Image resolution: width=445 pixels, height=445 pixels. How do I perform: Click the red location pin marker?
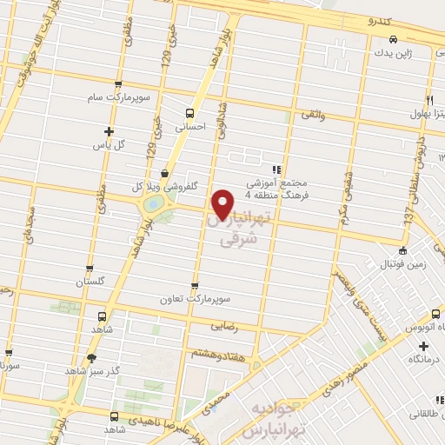click(223, 203)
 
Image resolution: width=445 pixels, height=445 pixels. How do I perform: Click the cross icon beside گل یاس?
click(96, 131)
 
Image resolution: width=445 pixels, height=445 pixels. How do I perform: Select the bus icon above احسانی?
click(189, 112)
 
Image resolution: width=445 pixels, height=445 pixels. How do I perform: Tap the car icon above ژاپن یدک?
click(394, 39)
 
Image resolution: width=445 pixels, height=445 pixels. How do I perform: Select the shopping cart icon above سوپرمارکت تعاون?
click(194, 285)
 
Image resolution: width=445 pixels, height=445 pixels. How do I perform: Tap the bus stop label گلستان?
click(90, 282)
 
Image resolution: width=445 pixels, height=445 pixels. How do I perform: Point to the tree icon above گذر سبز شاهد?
click(91, 357)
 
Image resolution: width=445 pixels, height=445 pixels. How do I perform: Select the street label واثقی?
click(311, 114)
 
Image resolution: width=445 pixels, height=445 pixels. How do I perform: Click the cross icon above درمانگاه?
click(423, 345)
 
